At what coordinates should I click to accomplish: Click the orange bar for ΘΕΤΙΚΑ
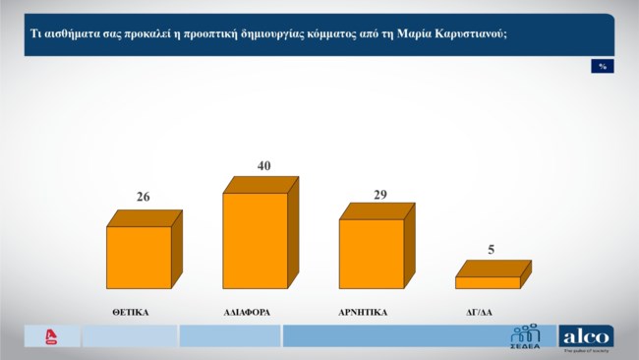(x=139, y=257)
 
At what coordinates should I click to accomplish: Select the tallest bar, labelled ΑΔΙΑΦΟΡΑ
(x=255, y=240)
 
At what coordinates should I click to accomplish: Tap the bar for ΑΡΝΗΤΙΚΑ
(x=371, y=253)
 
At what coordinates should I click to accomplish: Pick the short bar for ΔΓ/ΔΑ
(x=487, y=282)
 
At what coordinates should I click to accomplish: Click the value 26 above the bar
(x=144, y=198)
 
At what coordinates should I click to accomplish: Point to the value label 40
(x=263, y=165)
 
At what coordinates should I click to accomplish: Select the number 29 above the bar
(x=380, y=195)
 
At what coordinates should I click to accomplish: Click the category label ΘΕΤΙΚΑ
(x=131, y=312)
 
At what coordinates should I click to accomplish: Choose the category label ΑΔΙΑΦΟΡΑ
(x=247, y=312)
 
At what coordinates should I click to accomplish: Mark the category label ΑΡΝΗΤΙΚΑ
(x=363, y=312)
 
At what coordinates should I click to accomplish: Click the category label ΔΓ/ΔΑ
(x=479, y=312)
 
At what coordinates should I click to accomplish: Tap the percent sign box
(x=602, y=66)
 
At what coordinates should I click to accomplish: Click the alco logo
(x=586, y=336)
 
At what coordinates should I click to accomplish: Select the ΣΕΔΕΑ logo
(x=524, y=336)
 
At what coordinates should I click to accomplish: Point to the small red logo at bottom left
(x=52, y=336)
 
